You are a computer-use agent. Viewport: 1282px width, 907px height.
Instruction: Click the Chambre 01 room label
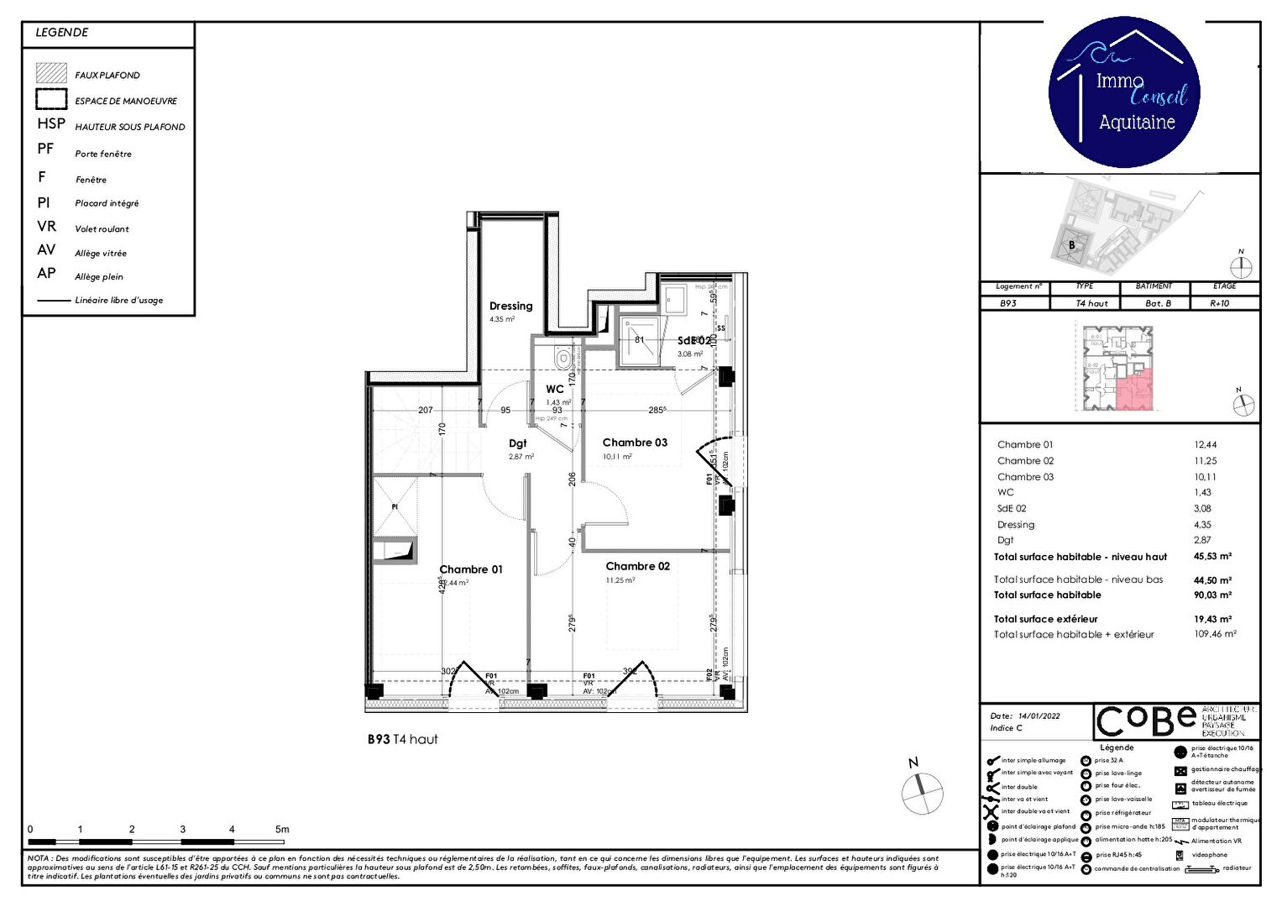pos(471,569)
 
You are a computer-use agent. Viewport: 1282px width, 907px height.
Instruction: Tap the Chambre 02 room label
pos(637,566)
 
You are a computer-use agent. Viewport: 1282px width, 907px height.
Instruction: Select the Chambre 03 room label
pos(635,443)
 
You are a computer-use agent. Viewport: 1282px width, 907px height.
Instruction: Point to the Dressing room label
pos(510,307)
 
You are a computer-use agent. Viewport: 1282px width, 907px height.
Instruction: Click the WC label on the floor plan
pos(554,389)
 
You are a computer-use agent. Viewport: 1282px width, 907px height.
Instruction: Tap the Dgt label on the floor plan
pos(518,443)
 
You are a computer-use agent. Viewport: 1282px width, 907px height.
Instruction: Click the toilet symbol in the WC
pos(562,359)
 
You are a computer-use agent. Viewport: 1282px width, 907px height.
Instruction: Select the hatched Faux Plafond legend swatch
pos(51,74)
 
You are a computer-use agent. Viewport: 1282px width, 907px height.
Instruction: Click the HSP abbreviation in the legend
pos(50,123)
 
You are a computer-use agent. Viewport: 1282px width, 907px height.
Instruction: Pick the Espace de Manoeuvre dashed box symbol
pos(51,99)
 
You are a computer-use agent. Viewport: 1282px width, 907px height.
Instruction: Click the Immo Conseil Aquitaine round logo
pos(1124,92)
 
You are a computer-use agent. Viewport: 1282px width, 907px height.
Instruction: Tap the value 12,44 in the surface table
pos(1205,445)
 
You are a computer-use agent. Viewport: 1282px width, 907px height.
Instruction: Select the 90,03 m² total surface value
pos(1212,595)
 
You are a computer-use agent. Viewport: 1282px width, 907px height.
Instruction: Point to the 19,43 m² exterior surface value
pos(1212,619)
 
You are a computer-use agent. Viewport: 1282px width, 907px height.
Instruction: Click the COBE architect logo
pos(1147,721)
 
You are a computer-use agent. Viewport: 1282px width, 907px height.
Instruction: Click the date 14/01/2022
pos(1039,716)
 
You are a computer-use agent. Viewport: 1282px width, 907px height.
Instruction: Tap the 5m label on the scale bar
pos(282,829)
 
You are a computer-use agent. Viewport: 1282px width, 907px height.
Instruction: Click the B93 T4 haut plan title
pos(402,739)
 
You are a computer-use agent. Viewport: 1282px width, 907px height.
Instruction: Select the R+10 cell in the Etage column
pos(1219,303)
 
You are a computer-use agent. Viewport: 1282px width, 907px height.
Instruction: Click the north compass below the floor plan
pos(922,791)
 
